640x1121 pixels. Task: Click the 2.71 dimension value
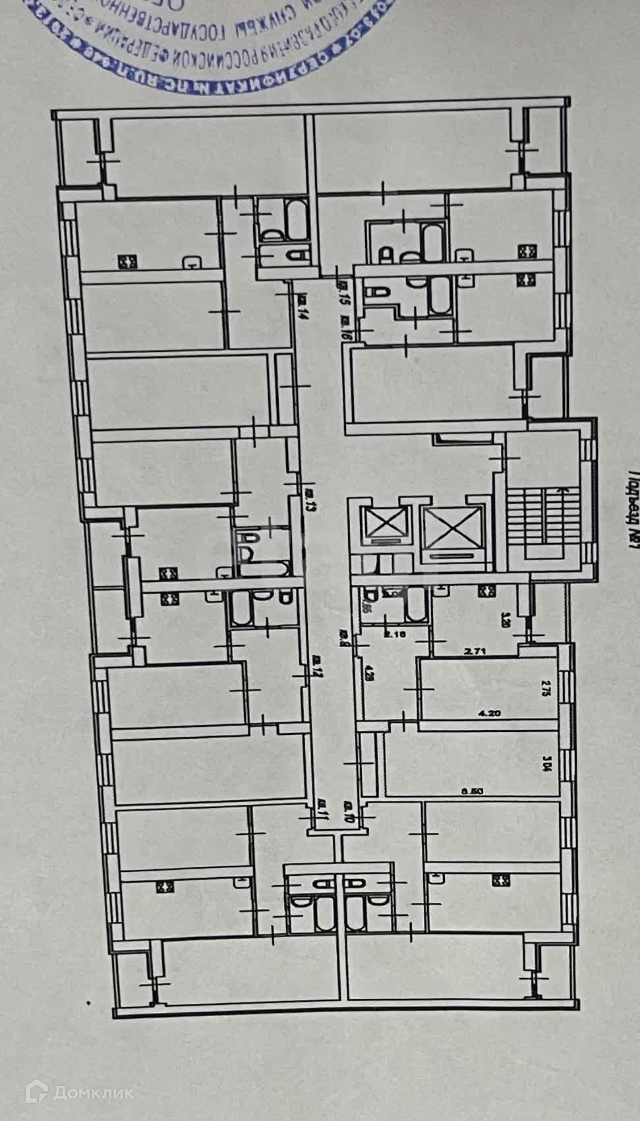pos(475,651)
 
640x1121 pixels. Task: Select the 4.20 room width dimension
pos(486,712)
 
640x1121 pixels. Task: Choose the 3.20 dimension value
pos(506,620)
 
